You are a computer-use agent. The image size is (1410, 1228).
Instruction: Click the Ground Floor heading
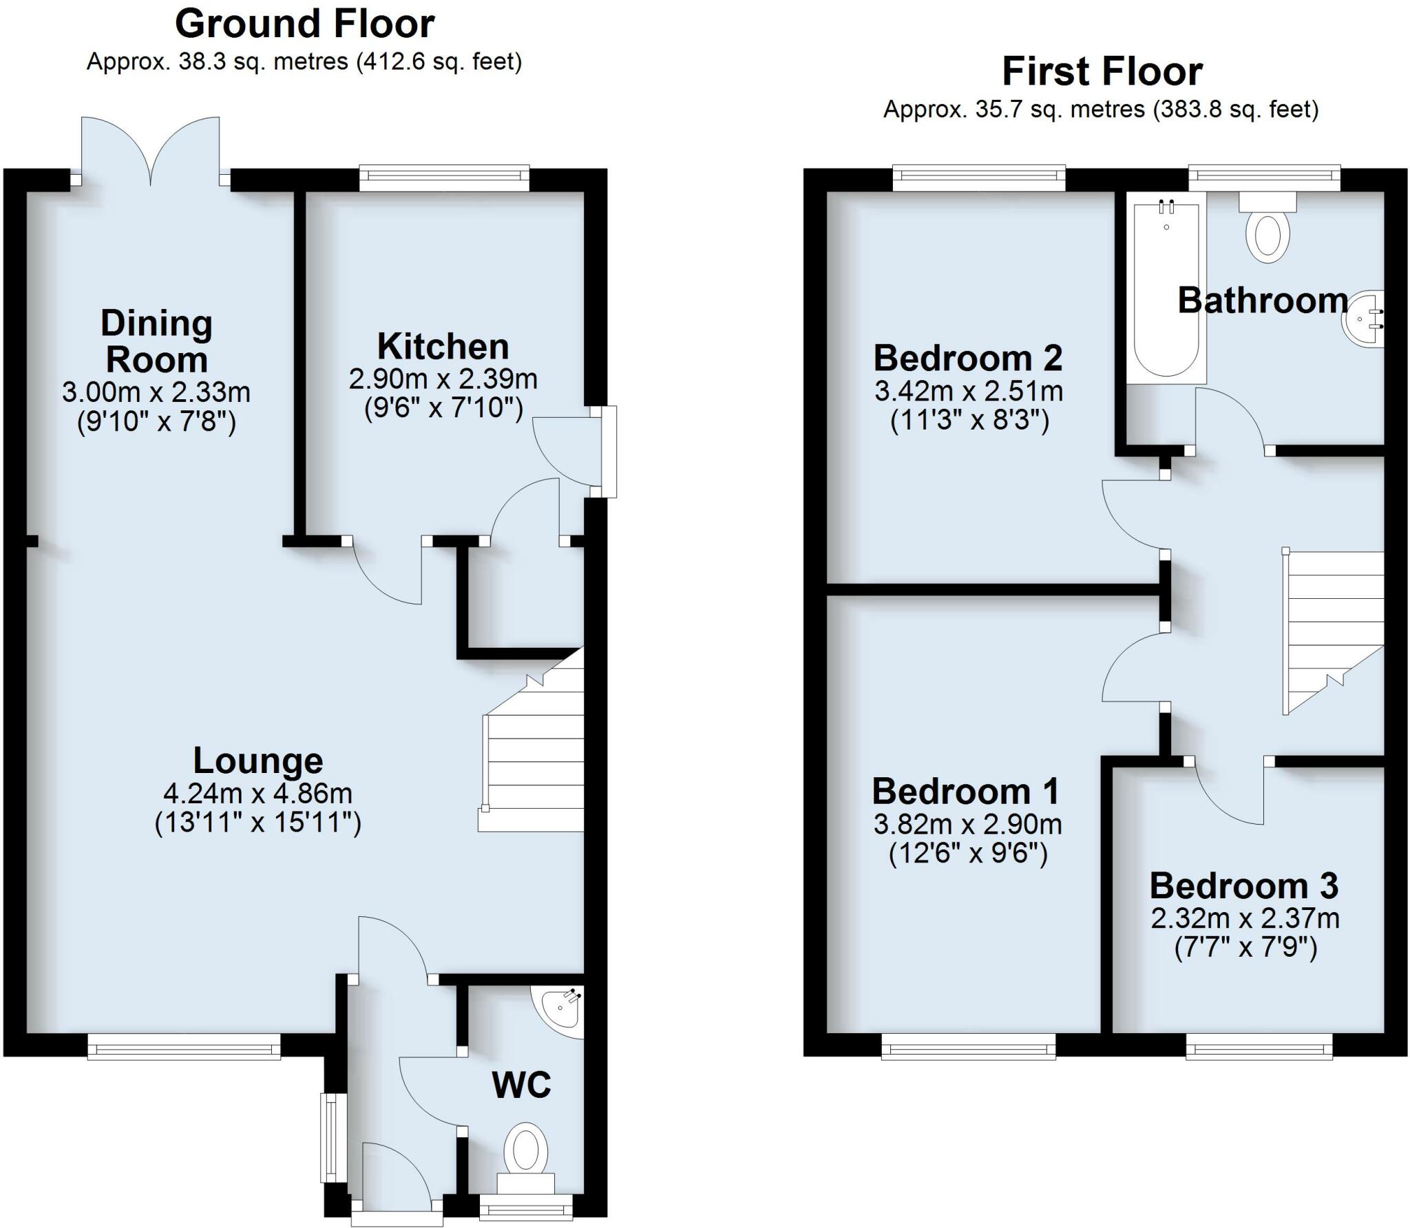click(x=304, y=25)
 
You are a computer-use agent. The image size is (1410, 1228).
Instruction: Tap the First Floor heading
click(x=1102, y=72)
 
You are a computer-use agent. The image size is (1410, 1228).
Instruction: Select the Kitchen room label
click(x=443, y=346)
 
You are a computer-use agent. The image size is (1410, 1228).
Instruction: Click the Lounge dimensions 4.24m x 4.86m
click(x=257, y=794)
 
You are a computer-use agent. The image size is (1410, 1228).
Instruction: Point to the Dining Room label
click(x=156, y=341)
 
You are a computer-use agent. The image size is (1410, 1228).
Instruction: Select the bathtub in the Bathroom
click(x=1166, y=289)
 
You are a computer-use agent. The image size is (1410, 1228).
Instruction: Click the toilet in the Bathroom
click(x=1267, y=231)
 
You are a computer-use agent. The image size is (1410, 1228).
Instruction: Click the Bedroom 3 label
click(x=1244, y=886)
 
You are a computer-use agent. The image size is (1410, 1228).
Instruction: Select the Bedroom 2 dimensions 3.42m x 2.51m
click(x=969, y=391)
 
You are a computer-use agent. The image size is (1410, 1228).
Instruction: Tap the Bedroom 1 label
click(x=965, y=792)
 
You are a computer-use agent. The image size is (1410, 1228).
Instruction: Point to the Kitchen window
click(x=444, y=179)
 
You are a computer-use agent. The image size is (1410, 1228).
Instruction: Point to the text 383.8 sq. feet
click(x=1234, y=109)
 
